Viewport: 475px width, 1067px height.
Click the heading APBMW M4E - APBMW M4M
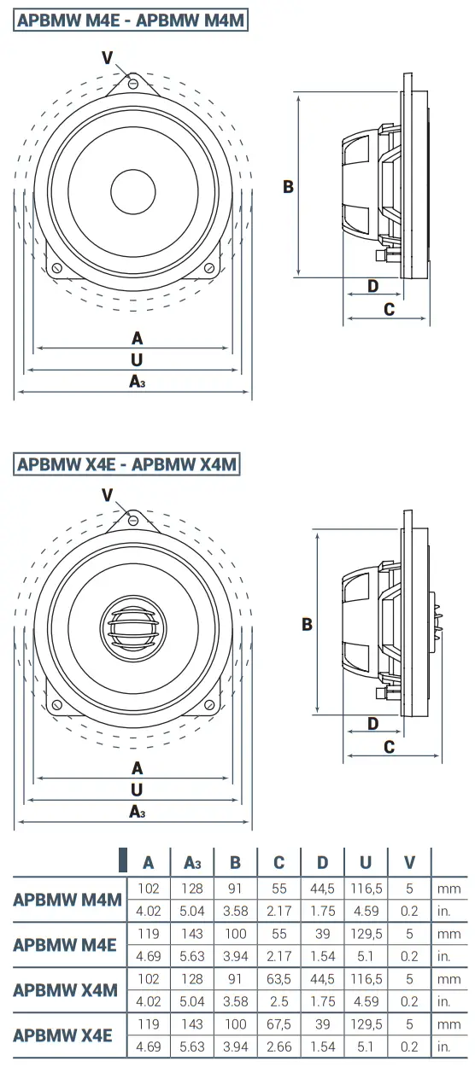pyautogui.click(x=131, y=20)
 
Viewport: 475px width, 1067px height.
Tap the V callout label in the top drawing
pyautogui.click(x=107, y=57)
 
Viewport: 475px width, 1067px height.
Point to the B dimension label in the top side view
pyautogui.click(x=288, y=186)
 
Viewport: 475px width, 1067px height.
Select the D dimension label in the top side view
pyautogui.click(x=372, y=286)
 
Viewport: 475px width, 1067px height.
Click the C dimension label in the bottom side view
pyautogui.click(x=389, y=747)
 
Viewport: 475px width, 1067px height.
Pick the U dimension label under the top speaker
pyautogui.click(x=137, y=361)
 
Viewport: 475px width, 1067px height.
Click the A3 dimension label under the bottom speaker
pyautogui.click(x=137, y=812)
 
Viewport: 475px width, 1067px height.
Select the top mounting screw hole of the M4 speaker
pyautogui.click(x=134, y=83)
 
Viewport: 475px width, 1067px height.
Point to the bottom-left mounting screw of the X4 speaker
pyautogui.click(x=56, y=705)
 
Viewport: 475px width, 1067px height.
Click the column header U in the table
pyautogui.click(x=366, y=863)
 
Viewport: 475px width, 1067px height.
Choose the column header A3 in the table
pyautogui.click(x=192, y=863)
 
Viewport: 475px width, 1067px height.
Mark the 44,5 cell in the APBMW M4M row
pyautogui.click(x=322, y=889)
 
